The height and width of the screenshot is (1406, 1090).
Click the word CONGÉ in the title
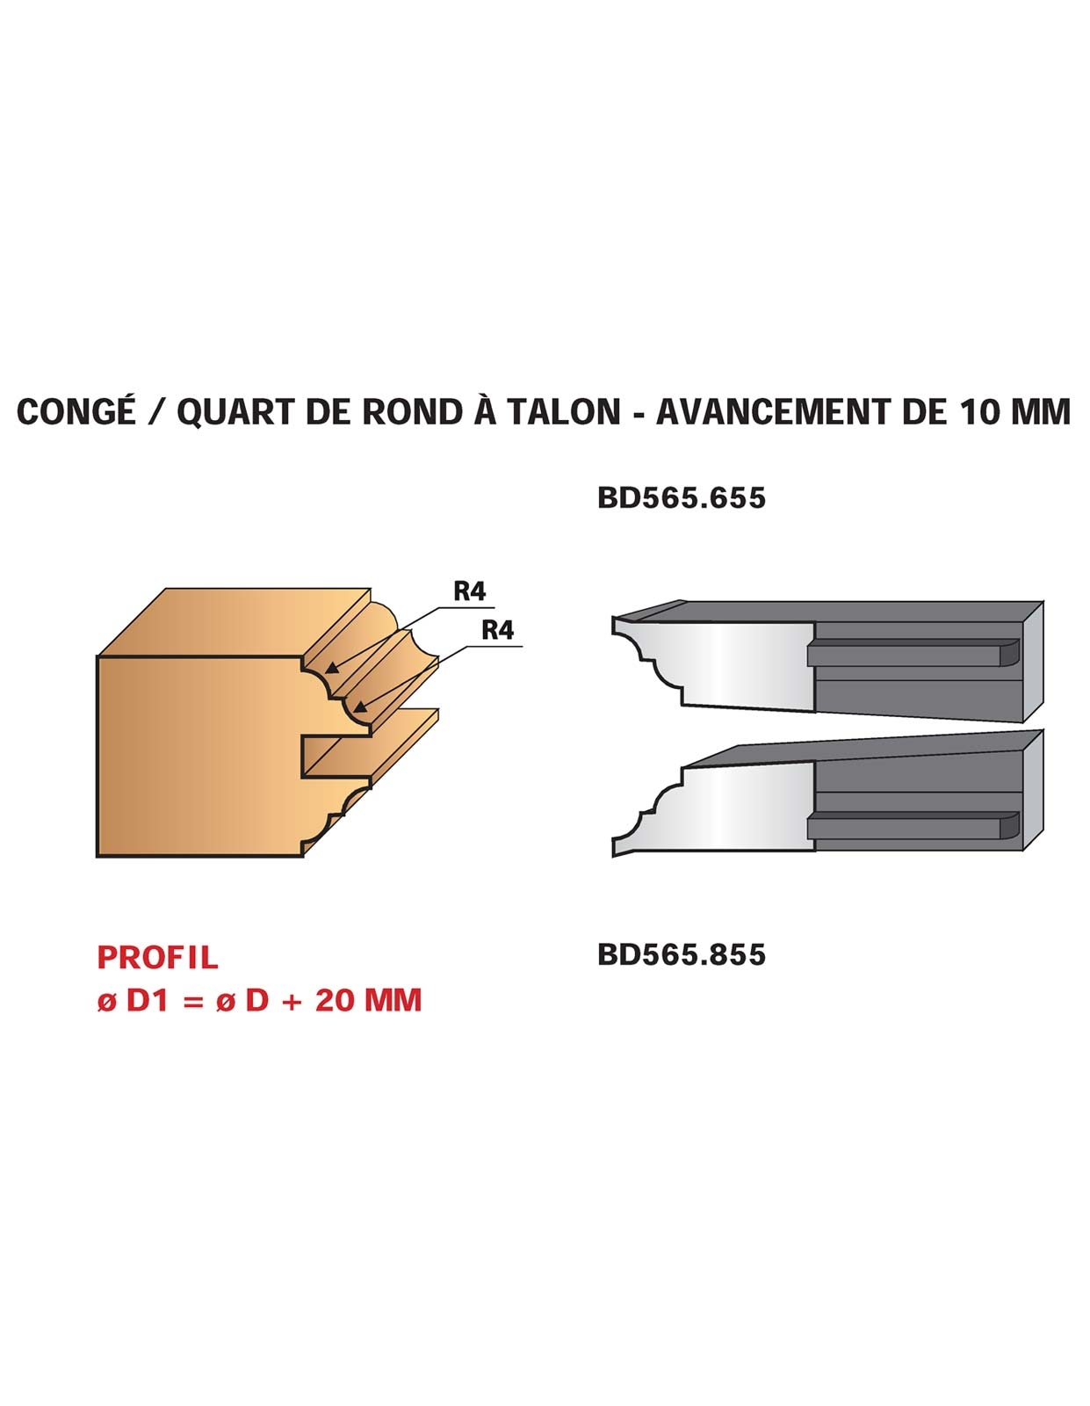(77, 412)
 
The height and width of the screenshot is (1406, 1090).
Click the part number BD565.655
(682, 498)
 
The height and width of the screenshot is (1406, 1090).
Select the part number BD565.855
(682, 955)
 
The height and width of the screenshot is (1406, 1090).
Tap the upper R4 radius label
(469, 591)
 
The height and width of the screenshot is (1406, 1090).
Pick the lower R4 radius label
(497, 629)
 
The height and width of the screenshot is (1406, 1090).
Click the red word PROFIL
(158, 958)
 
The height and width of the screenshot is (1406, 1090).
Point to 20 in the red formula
(335, 1000)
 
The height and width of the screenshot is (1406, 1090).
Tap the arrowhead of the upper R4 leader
(331, 669)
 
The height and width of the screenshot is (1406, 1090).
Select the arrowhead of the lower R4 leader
(359, 707)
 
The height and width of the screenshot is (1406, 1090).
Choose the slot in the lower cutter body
(913, 826)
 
